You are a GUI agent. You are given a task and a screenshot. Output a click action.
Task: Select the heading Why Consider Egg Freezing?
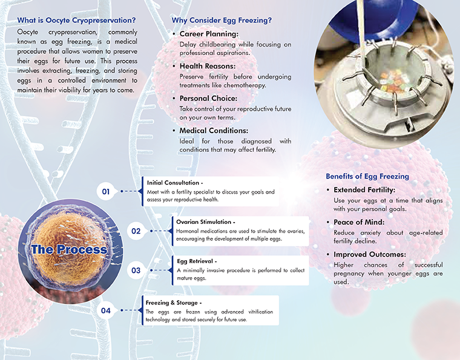pyautogui.click(x=222, y=20)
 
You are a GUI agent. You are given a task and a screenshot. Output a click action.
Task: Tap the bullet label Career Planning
pyautogui.click(x=209, y=34)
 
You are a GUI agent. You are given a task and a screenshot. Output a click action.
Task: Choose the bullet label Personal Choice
pyautogui.click(x=208, y=98)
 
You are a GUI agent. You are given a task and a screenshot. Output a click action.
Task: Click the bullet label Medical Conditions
pyautogui.click(x=214, y=130)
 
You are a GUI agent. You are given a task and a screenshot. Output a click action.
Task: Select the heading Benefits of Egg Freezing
pyautogui.click(x=367, y=177)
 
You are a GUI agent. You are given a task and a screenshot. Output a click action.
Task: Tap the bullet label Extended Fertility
pyautogui.click(x=365, y=190)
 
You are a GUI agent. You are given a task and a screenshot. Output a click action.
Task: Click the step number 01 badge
pyautogui.click(x=105, y=192)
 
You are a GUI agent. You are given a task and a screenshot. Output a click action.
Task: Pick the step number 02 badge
pyautogui.click(x=136, y=231)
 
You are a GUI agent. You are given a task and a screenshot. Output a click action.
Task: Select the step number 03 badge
pyautogui.click(x=136, y=270)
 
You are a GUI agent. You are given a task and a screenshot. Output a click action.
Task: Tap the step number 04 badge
pyautogui.click(x=105, y=310)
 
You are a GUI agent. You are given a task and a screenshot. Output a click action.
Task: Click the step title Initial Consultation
pyautogui.click(x=174, y=182)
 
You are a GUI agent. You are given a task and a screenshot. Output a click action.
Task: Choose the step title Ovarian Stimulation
pyautogui.click(x=205, y=222)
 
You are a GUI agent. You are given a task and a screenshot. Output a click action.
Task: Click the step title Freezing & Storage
pyautogui.click(x=174, y=302)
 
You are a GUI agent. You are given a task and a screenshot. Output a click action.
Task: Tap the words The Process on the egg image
pyautogui.click(x=69, y=249)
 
